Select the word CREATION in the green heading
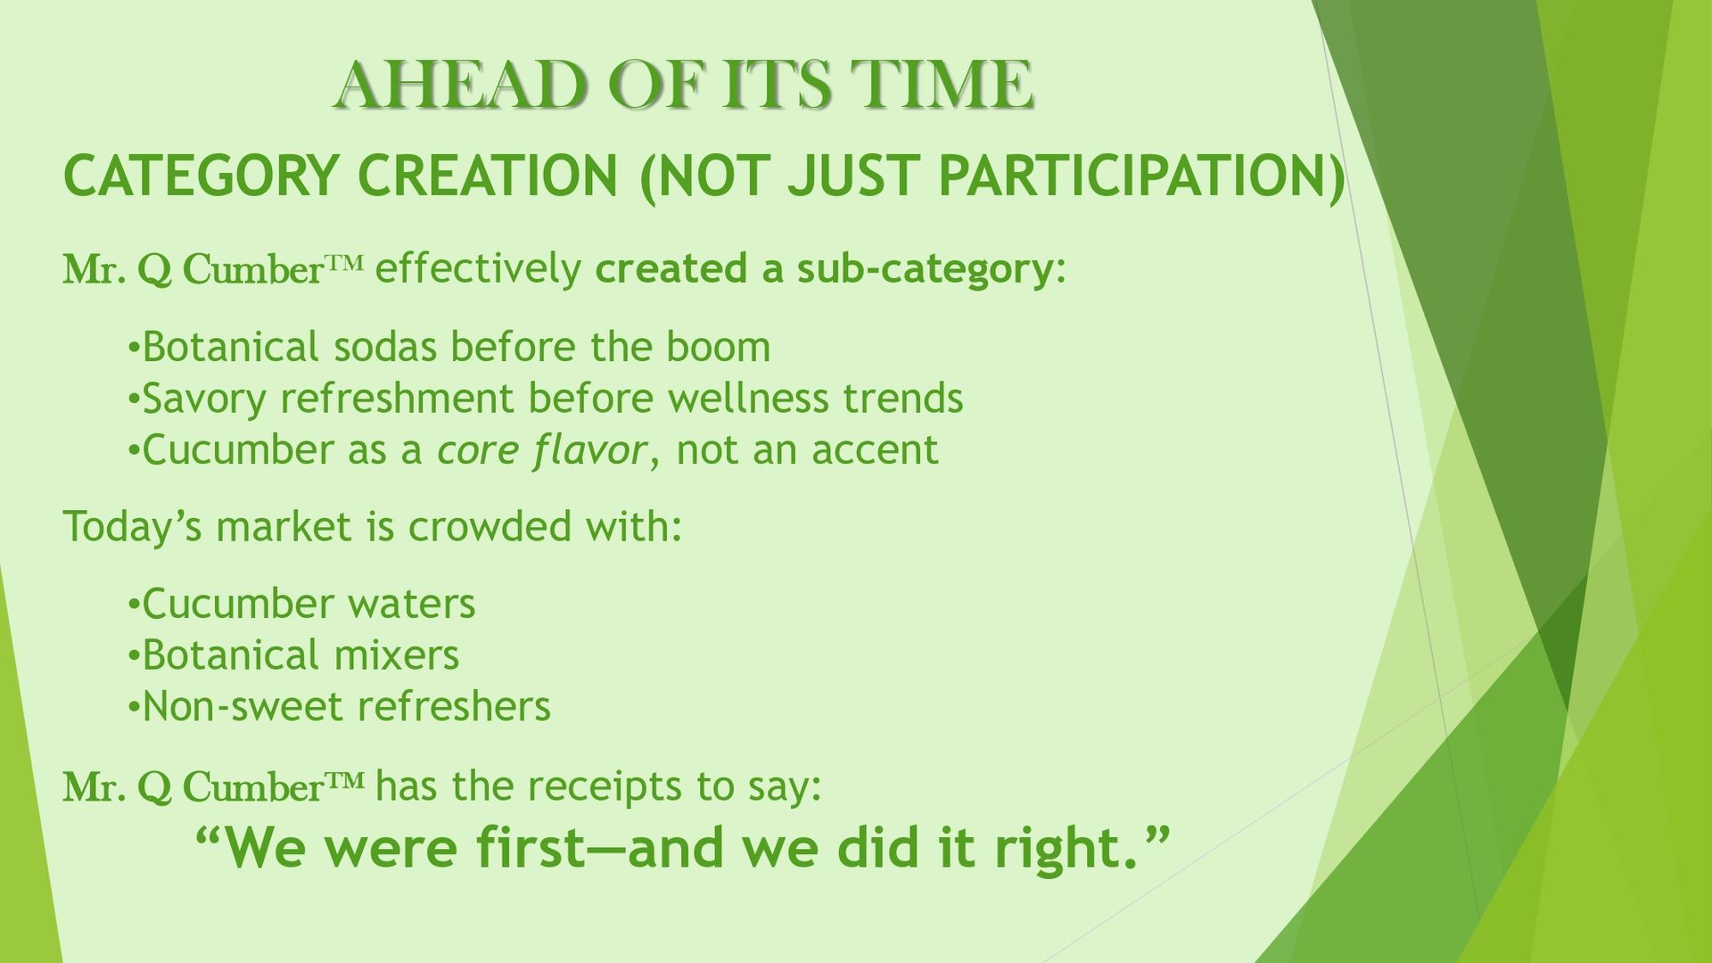pyautogui.click(x=488, y=175)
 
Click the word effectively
pyautogui.click(x=478, y=268)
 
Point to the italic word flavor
pyautogui.click(x=588, y=450)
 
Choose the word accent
pyautogui.click(x=875, y=451)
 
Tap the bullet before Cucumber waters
pyautogui.click(x=134, y=605)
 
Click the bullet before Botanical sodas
pyautogui.click(x=134, y=348)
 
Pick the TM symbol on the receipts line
pyautogui.click(x=345, y=781)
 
